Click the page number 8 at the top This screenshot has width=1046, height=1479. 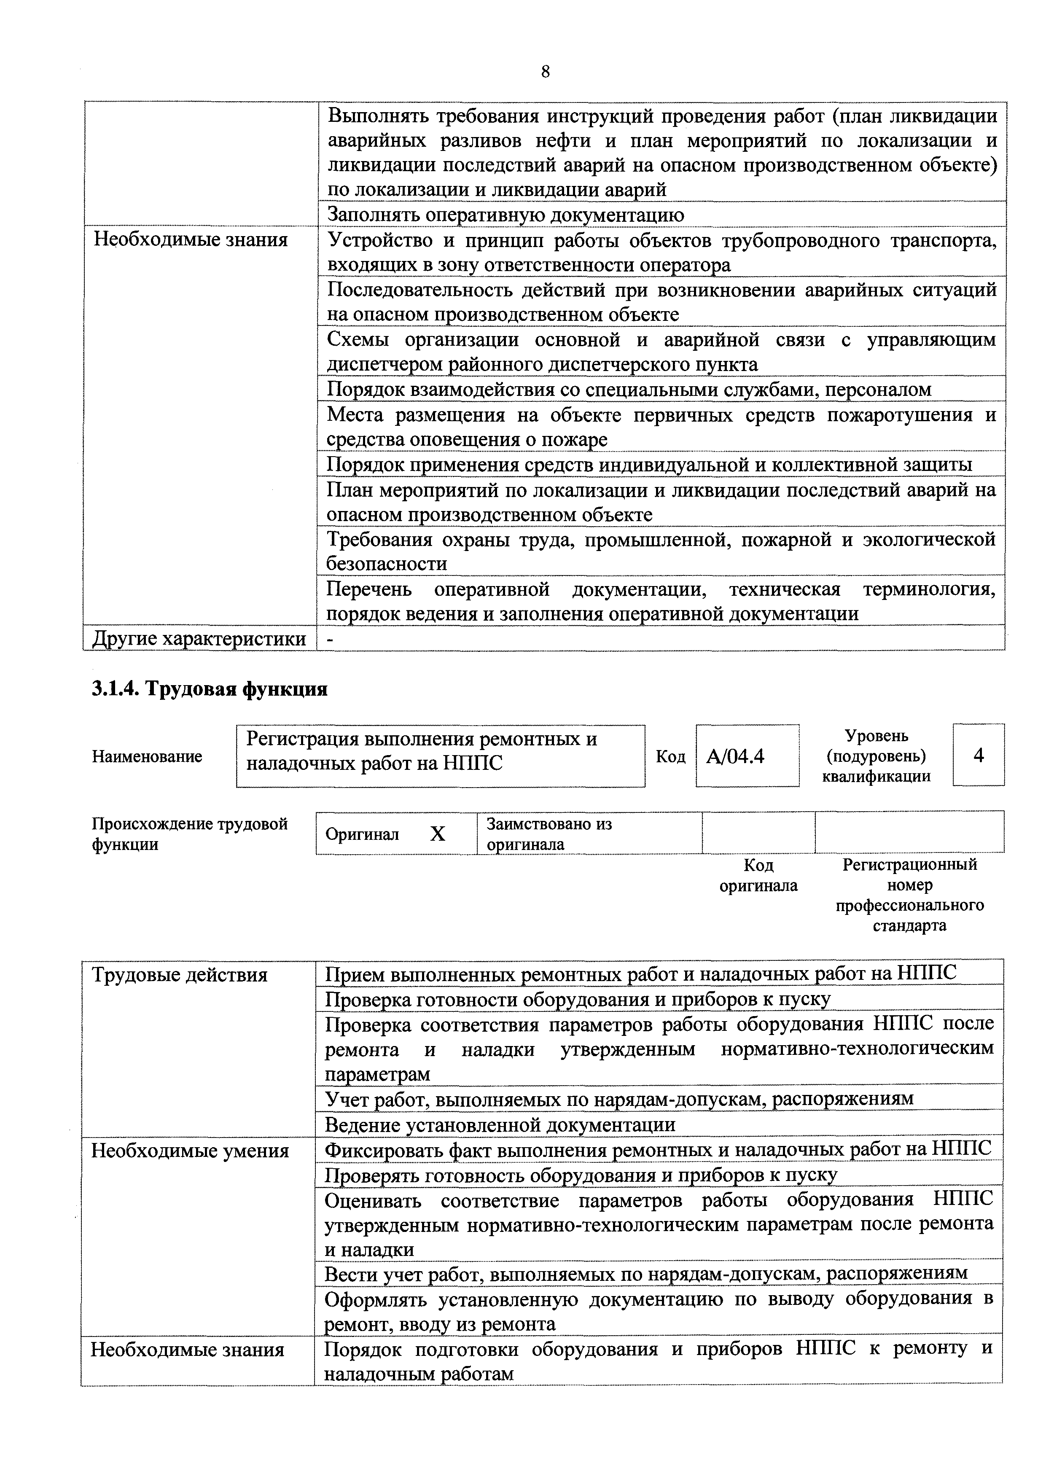pos(545,72)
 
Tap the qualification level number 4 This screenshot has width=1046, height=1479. pos(979,755)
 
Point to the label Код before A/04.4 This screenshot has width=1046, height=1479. pos(670,756)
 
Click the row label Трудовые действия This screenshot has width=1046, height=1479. pos(179,975)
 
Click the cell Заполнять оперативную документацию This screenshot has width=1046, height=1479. pos(506,215)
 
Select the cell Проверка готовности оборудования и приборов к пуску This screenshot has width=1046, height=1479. pos(577,999)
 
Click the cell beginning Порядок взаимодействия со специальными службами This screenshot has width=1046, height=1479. pos(629,390)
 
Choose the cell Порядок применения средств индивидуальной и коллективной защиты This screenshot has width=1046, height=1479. pos(649,465)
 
